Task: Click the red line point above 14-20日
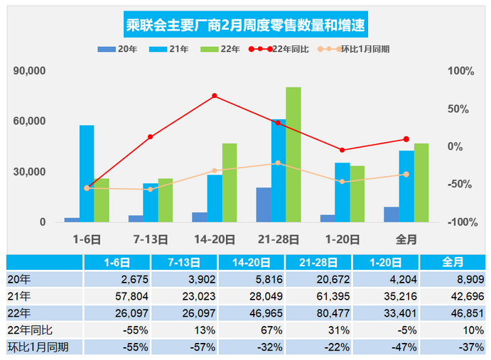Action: coord(215,96)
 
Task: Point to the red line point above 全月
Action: coord(406,139)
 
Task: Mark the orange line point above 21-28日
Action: coord(279,163)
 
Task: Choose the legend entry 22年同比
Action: coord(278,50)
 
